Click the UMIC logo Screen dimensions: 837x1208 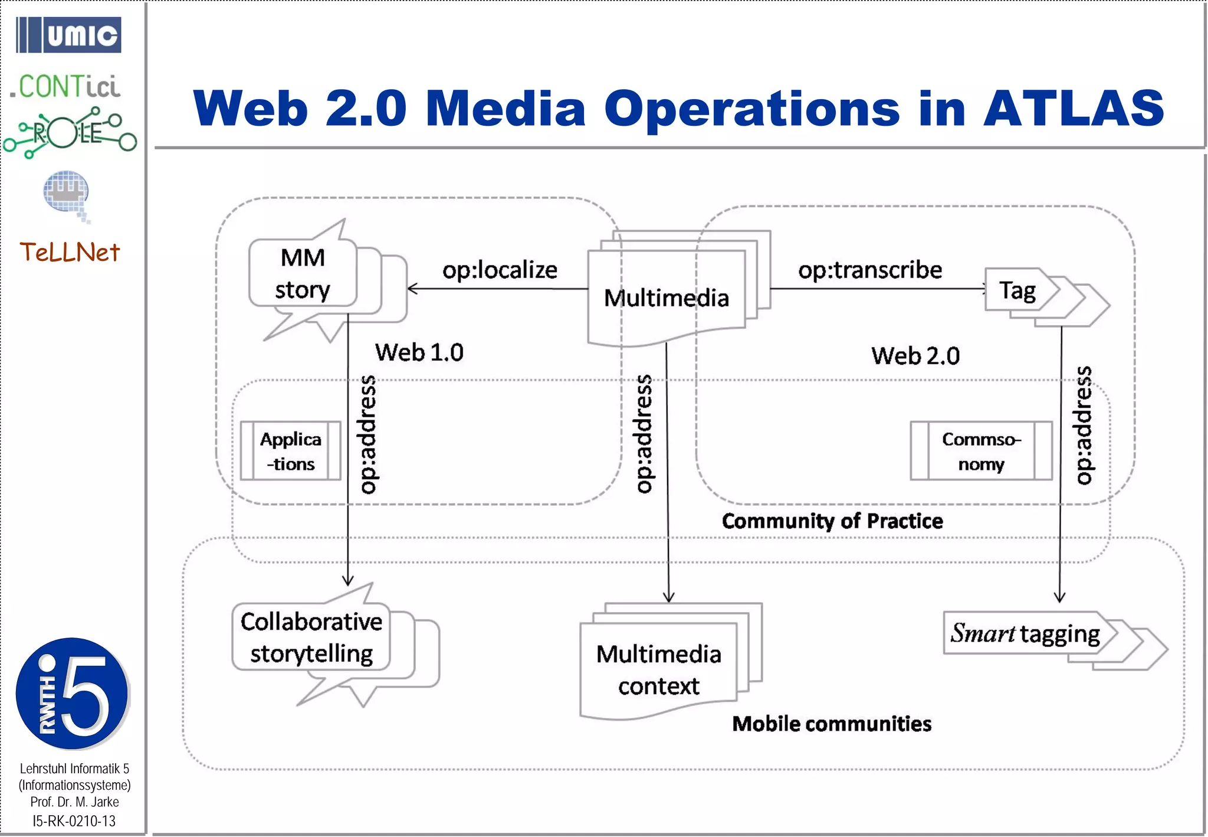click(x=68, y=35)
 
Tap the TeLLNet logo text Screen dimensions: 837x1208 click(x=70, y=252)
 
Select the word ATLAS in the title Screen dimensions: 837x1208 click(x=1073, y=109)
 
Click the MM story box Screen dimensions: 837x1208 click(x=303, y=274)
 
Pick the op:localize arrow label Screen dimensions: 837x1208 click(x=500, y=270)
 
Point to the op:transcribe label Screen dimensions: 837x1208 click(x=870, y=270)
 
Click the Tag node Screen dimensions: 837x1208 click(x=1017, y=291)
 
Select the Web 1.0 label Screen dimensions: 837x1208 click(x=419, y=352)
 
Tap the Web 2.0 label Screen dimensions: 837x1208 click(x=915, y=356)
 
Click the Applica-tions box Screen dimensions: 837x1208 click(x=291, y=451)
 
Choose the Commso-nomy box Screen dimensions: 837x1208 click(x=981, y=451)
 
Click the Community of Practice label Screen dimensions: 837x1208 click(x=832, y=521)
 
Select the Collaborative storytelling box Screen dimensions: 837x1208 click(x=311, y=637)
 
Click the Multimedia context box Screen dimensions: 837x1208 click(x=659, y=670)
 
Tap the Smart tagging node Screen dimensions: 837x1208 click(x=1025, y=633)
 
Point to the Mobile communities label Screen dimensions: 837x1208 click(x=832, y=724)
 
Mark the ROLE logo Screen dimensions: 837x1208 click(x=70, y=133)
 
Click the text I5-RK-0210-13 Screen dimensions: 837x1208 click(x=74, y=821)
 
